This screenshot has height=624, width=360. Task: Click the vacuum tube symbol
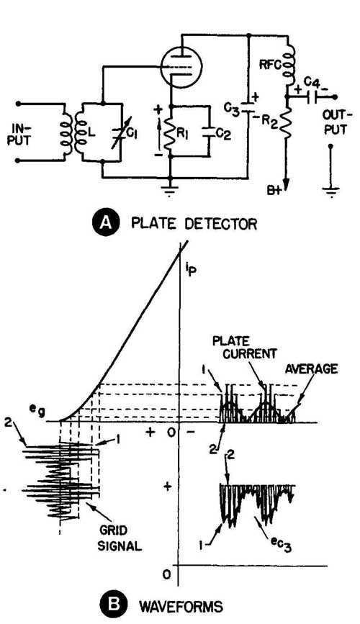(181, 66)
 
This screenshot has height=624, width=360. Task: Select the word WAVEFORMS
(181, 607)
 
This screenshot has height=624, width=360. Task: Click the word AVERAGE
(312, 369)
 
